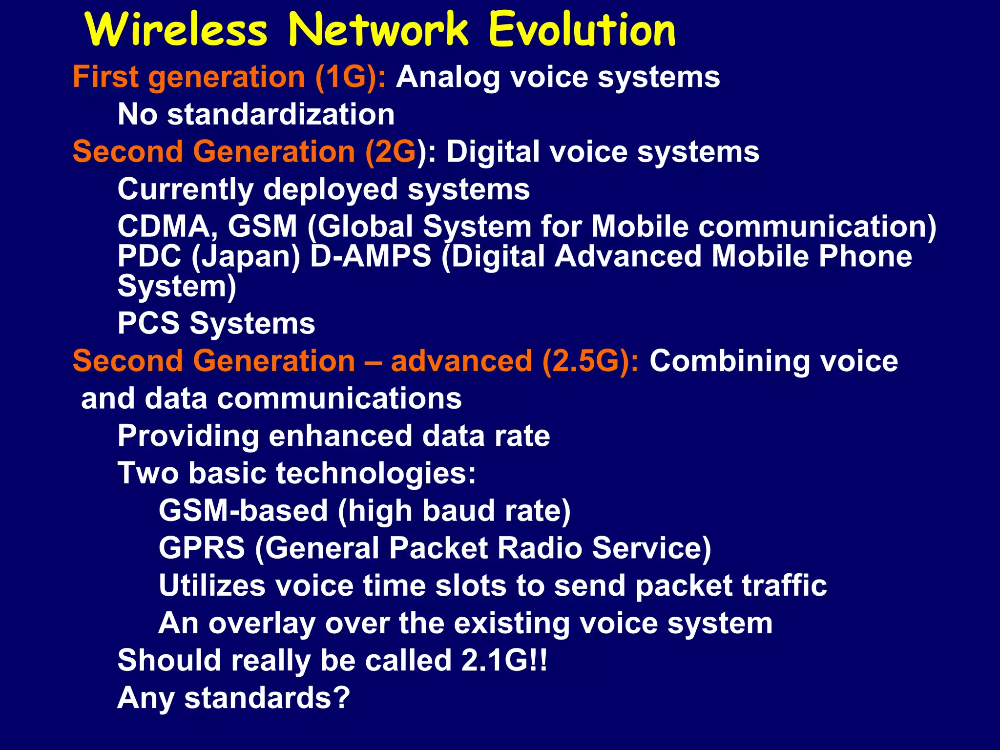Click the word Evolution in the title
(582, 30)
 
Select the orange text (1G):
(351, 77)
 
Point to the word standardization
(281, 115)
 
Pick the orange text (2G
(391, 152)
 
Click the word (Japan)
(246, 257)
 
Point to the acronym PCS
(148, 323)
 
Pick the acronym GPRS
(202, 548)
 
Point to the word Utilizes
(212, 585)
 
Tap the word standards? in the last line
(267, 698)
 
